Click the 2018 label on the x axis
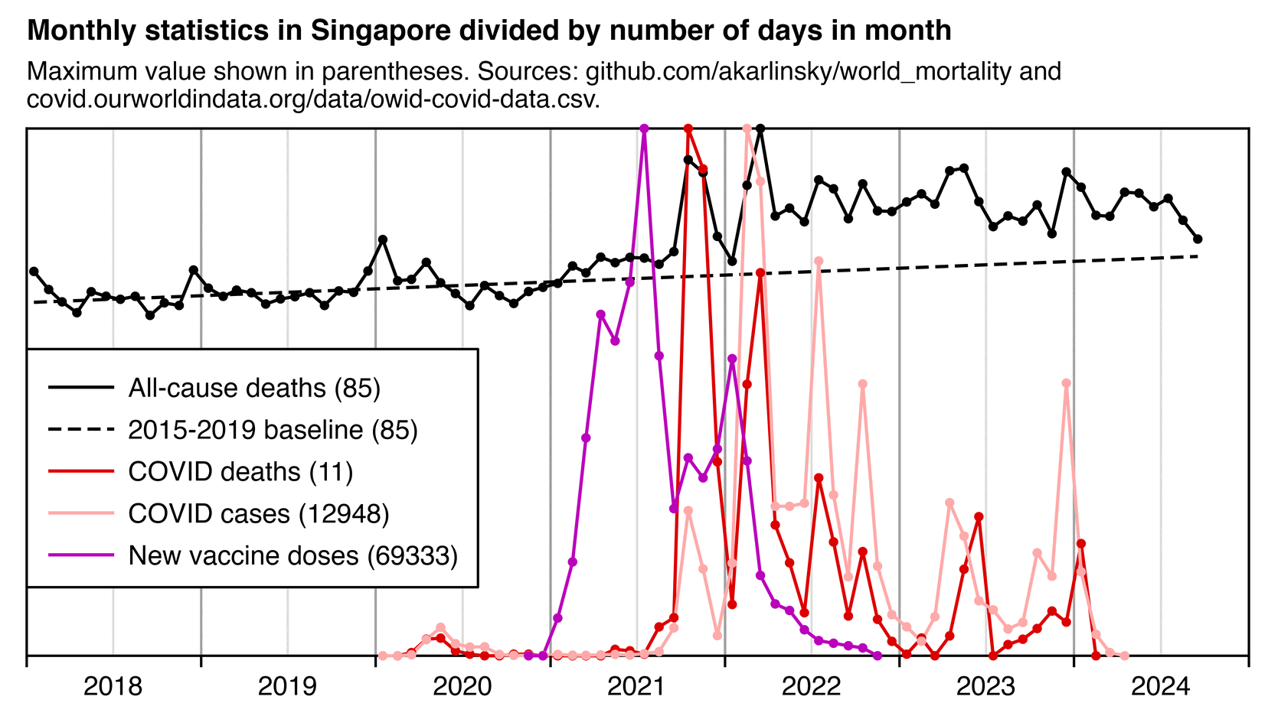pyautogui.click(x=113, y=686)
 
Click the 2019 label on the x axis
pyautogui.click(x=287, y=686)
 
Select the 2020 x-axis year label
pyautogui.click(x=462, y=686)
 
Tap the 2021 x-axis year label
pyautogui.click(x=636, y=686)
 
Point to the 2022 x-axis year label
pyautogui.click(x=811, y=686)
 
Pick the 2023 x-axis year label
pyautogui.click(x=985, y=686)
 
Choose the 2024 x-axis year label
pyautogui.click(x=1160, y=686)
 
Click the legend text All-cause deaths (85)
pyautogui.click(x=254, y=389)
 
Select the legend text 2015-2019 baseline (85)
pyautogui.click(x=273, y=430)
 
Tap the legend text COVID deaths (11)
pyautogui.click(x=240, y=472)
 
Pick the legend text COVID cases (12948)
pyautogui.click(x=259, y=513)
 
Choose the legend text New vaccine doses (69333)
pyautogui.click(x=292, y=555)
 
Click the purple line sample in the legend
pyautogui.click(x=81, y=555)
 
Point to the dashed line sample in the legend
pyautogui.click(x=81, y=430)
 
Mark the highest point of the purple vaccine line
pyautogui.click(x=644, y=129)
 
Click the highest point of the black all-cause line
pyautogui.click(x=760, y=129)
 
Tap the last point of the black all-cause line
pyautogui.click(x=1198, y=239)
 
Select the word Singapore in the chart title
pyautogui.click(x=377, y=31)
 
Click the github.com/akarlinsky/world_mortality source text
pyautogui.click(x=799, y=72)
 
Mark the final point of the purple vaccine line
pyautogui.click(x=877, y=656)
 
